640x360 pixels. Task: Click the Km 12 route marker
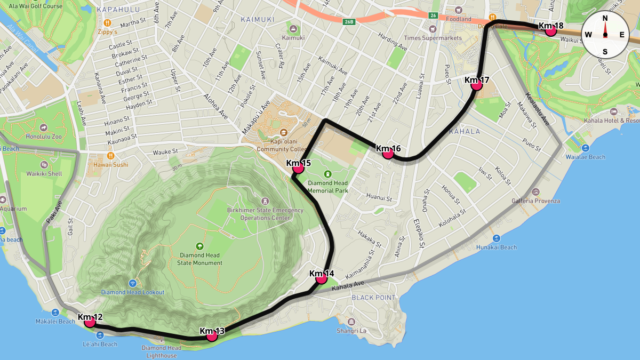(90, 322)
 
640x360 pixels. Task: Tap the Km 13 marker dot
(212, 335)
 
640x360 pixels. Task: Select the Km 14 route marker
(321, 278)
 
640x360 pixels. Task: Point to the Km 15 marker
(298, 167)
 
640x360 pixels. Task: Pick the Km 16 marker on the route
(388, 153)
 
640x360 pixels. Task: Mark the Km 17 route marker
(477, 84)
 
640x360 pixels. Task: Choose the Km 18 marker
(551, 30)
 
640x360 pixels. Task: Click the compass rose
(605, 35)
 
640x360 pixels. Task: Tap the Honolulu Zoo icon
(44, 128)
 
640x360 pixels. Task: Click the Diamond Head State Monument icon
(200, 246)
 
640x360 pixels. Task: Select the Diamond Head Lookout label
(133, 292)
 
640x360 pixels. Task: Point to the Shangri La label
(351, 330)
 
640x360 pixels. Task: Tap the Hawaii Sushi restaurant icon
(111, 156)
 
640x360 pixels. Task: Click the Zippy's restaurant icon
(107, 22)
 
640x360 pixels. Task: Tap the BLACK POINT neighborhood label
(373, 298)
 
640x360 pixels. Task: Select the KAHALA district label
(464, 131)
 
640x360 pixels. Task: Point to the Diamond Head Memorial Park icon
(327, 174)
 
